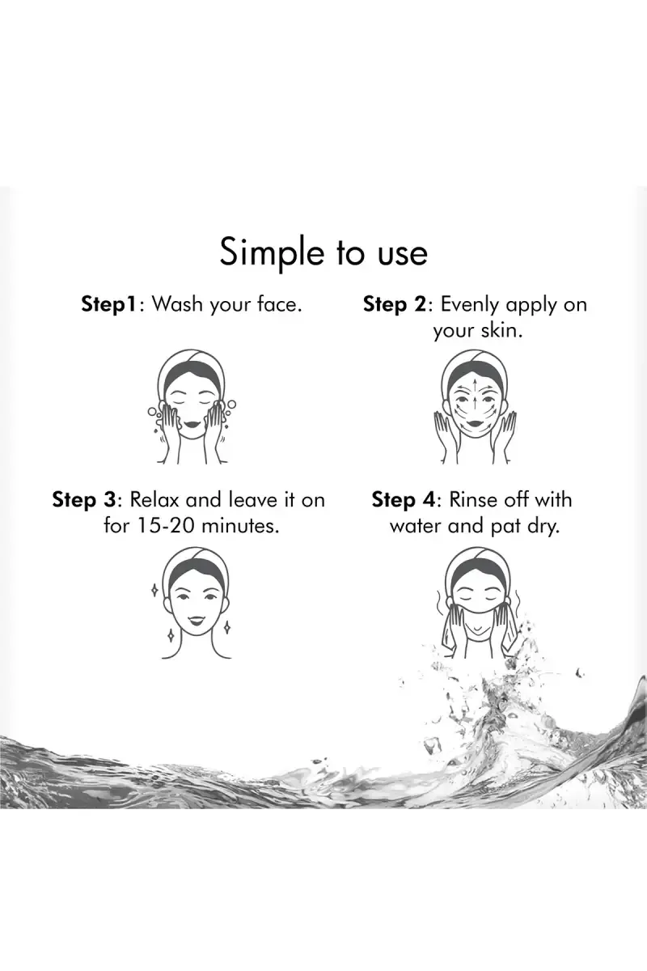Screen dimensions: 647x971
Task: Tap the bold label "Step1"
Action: pyautogui.click(x=109, y=305)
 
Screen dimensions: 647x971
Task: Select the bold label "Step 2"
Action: pyautogui.click(x=395, y=305)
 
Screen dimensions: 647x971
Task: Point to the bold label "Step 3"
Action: pyautogui.click(x=84, y=500)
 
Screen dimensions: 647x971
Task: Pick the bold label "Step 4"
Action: pyautogui.click(x=403, y=500)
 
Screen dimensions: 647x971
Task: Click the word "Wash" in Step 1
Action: pyautogui.click(x=177, y=304)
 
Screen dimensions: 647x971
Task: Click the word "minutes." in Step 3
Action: pyautogui.click(x=240, y=526)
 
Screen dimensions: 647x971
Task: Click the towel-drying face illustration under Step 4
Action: pyautogui.click(x=476, y=605)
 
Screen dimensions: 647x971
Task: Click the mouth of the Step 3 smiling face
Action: pyautogui.click(x=196, y=619)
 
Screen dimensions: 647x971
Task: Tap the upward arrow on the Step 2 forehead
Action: pyautogui.click(x=476, y=385)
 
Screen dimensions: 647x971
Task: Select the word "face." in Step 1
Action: pyautogui.click(x=279, y=304)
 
